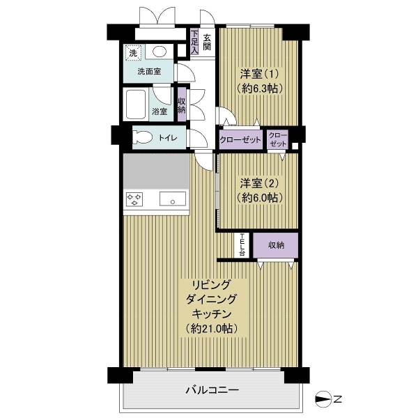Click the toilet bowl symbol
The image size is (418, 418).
[142, 137]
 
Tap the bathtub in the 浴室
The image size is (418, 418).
[136, 104]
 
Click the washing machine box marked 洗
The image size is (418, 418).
[133, 53]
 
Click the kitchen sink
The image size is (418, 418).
[173, 199]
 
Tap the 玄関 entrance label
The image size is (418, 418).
[207, 42]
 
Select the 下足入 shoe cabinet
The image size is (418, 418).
[194, 42]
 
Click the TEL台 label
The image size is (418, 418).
[242, 245]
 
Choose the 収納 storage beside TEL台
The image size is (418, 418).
[275, 245]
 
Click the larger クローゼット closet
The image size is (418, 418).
[240, 139]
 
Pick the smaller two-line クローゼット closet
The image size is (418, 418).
[278, 139]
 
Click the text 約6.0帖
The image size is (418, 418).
[259, 198]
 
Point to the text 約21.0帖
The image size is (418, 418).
[211, 329]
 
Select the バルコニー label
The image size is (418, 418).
[212, 390]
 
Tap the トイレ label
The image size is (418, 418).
[168, 138]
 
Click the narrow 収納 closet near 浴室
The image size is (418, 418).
[182, 104]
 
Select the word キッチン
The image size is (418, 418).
[212, 314]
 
